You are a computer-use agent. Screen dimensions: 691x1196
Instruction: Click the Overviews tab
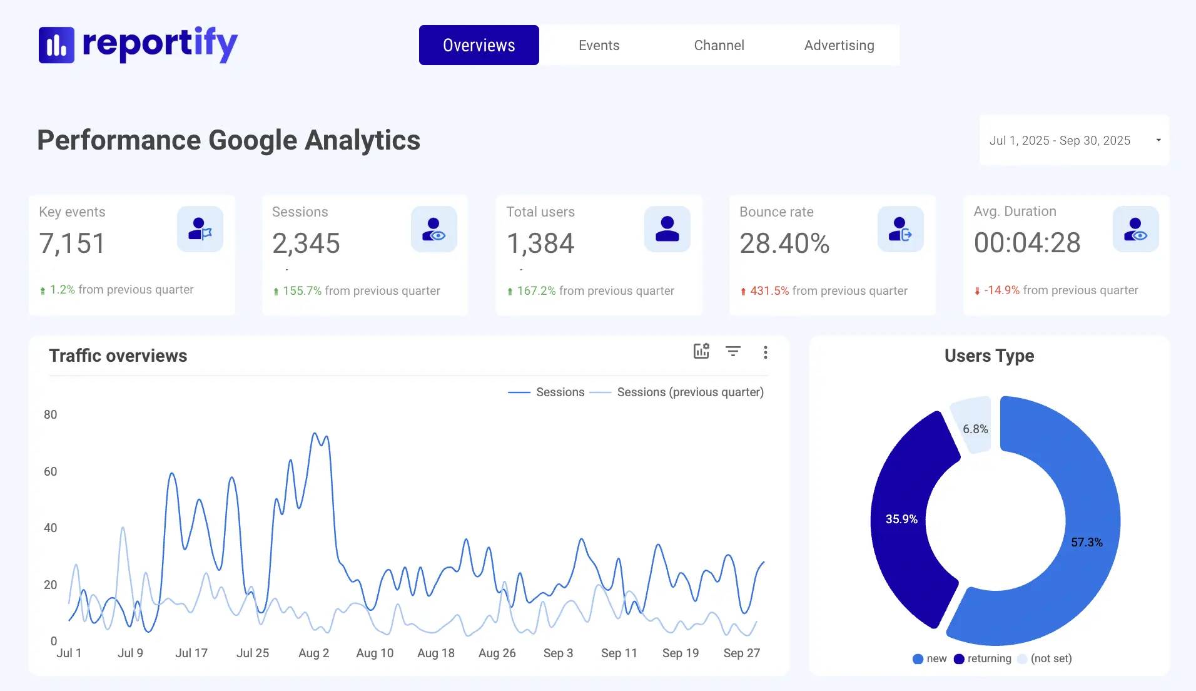click(479, 45)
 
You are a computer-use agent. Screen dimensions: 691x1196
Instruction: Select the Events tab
click(599, 45)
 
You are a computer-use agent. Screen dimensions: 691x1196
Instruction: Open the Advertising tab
click(839, 45)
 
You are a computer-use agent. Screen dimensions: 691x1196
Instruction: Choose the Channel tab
click(719, 45)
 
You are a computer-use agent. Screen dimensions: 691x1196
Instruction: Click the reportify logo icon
click(56, 45)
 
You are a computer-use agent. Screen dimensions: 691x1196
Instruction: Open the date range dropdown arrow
click(1158, 140)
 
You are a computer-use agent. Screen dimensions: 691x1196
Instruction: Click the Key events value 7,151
click(73, 243)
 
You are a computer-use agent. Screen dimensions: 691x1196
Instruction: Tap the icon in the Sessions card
click(433, 229)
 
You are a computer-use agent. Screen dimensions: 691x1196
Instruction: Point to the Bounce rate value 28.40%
click(784, 243)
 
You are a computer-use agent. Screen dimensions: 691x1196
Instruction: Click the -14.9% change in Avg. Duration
click(1001, 290)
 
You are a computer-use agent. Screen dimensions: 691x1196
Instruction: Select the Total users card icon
click(667, 229)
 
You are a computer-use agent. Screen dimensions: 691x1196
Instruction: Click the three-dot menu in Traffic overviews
click(765, 352)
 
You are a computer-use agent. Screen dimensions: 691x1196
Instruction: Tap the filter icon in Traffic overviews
click(733, 351)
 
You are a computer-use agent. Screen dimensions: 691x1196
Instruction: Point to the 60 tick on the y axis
click(51, 471)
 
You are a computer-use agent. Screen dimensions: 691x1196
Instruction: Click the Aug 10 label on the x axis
click(375, 653)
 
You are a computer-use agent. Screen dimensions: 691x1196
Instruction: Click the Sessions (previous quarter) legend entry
click(690, 392)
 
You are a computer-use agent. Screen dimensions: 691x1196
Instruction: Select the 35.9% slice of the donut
click(901, 519)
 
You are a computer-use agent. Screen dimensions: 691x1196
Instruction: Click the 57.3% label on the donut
click(1087, 542)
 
